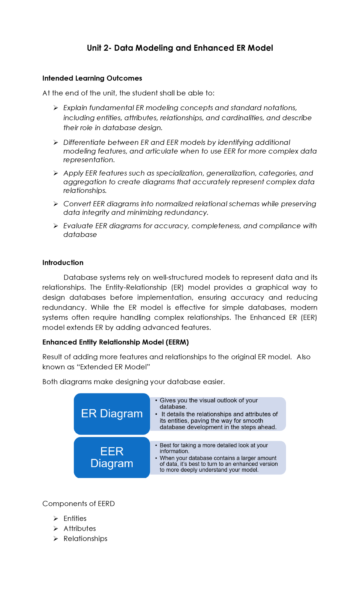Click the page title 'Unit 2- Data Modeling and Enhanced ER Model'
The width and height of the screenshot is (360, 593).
coord(180,48)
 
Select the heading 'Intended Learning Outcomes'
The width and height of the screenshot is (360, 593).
coord(92,78)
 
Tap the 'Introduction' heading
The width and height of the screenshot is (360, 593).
coord(63,263)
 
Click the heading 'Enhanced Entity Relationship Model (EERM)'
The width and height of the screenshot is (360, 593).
coord(115,342)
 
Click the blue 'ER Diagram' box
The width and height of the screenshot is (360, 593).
coord(112,414)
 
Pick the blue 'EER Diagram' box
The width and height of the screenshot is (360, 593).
coord(112,457)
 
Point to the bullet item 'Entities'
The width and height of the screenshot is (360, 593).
coord(75,518)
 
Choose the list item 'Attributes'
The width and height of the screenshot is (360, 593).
coord(80,528)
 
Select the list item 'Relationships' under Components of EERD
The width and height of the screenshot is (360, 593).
coord(85,538)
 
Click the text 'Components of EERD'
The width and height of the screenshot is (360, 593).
coord(79,504)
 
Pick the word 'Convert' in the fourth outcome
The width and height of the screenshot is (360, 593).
coord(77,204)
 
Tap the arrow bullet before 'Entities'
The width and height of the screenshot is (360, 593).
coord(56,519)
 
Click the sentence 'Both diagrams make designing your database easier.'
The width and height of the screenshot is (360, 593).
coord(133,382)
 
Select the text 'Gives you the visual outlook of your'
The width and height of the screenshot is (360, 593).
coord(208,400)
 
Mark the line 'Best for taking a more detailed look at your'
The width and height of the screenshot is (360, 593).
coord(214,445)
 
